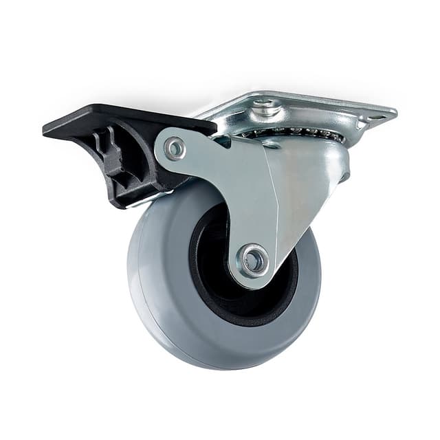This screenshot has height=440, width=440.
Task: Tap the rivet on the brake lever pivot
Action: (x=174, y=146)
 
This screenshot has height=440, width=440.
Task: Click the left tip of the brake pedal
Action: (x=47, y=129)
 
